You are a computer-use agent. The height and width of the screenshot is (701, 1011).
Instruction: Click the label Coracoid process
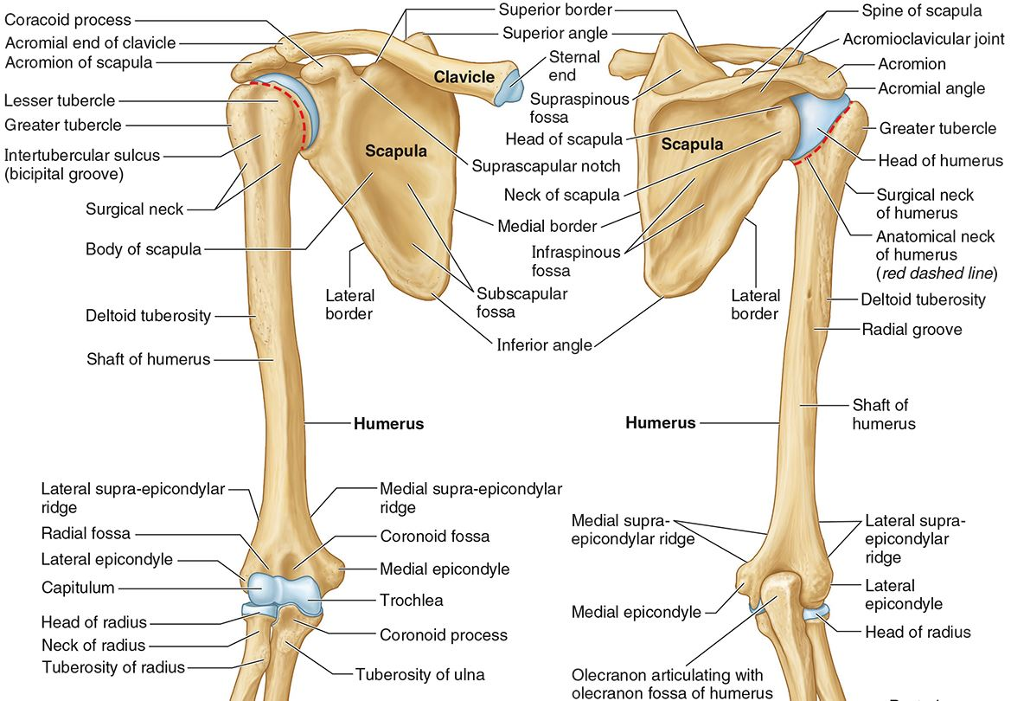click(x=67, y=19)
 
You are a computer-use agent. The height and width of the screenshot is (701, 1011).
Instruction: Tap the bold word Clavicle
click(x=464, y=77)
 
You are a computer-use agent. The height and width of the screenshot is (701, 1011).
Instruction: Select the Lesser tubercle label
click(x=60, y=100)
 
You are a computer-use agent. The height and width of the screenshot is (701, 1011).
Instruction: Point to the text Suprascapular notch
click(x=546, y=165)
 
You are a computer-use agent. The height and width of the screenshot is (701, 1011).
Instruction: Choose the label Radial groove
click(x=912, y=329)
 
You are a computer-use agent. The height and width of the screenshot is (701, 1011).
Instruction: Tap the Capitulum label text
click(x=78, y=588)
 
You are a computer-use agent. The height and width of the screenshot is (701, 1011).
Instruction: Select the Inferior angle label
click(x=544, y=344)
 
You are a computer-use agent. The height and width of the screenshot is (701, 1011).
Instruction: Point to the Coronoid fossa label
click(x=434, y=536)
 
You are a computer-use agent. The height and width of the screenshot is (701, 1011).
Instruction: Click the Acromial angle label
click(x=931, y=88)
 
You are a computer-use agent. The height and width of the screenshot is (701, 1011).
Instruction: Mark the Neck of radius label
click(x=93, y=645)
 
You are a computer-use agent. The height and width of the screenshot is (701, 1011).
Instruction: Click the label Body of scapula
click(x=143, y=249)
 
